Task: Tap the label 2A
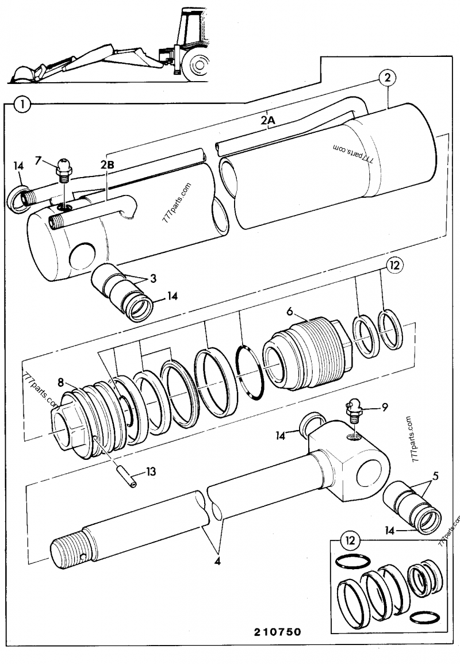click(x=268, y=121)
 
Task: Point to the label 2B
click(x=108, y=165)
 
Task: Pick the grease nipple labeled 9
click(x=354, y=409)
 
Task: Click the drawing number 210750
click(x=277, y=632)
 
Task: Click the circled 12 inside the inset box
click(x=349, y=540)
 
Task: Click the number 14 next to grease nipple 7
click(x=18, y=166)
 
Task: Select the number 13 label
click(x=151, y=472)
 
